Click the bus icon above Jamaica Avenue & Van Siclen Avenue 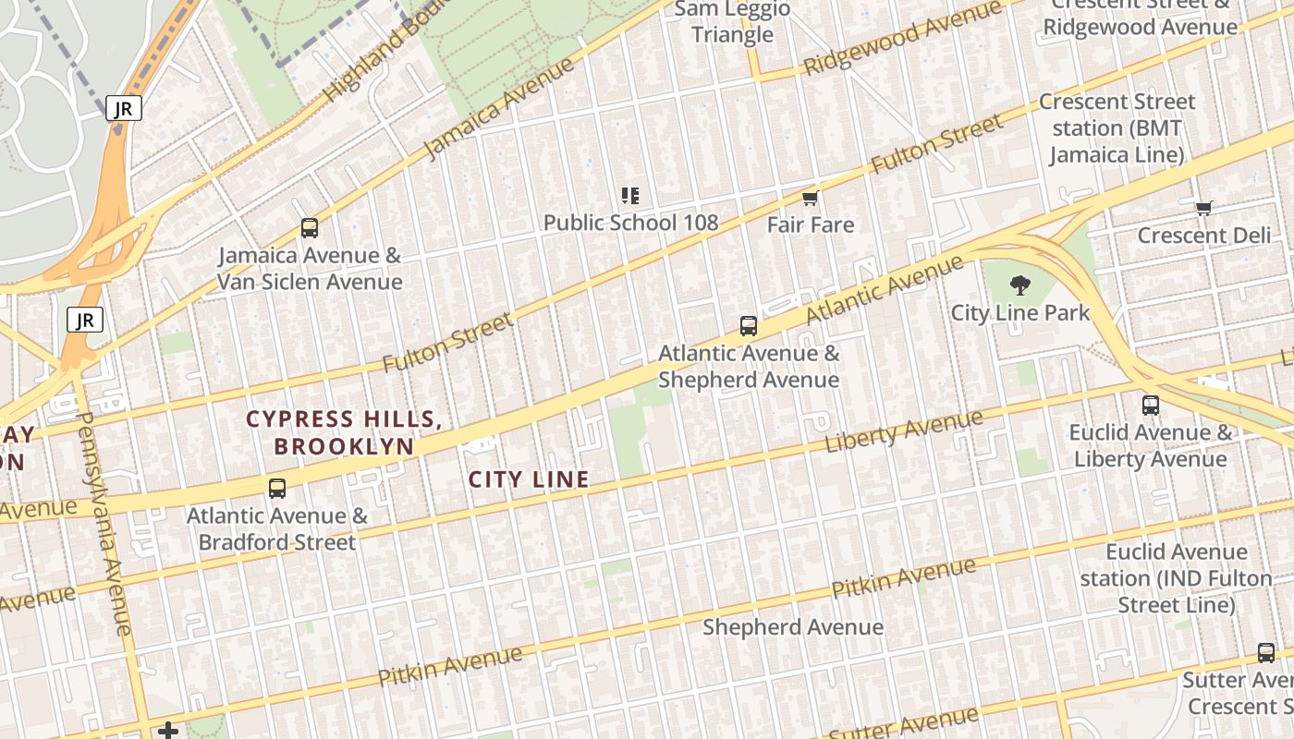(310, 227)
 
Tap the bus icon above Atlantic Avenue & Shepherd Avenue (749, 325)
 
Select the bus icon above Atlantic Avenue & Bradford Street (277, 489)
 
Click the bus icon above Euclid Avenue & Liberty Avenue (1151, 405)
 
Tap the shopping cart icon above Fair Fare (811, 198)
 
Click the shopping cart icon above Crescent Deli (1203, 208)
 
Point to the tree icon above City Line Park (1020, 285)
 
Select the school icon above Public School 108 (630, 195)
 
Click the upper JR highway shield (123, 108)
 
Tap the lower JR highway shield (85, 321)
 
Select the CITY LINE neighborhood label (529, 479)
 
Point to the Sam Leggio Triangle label (732, 22)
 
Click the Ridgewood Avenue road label (902, 38)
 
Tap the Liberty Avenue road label (904, 430)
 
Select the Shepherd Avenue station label (793, 627)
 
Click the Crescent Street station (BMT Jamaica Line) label (1117, 127)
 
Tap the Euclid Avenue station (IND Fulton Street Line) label (1176, 578)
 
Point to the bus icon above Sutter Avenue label (1266, 653)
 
